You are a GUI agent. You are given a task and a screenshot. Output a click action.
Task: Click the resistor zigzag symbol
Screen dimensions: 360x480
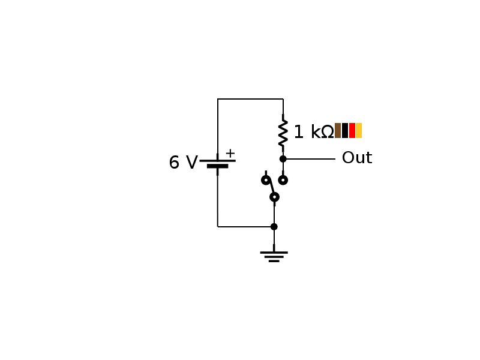coord(283,133)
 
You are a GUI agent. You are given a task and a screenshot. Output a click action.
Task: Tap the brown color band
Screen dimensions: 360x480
coord(338,130)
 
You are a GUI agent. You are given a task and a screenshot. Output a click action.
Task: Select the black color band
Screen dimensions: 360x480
coord(345,130)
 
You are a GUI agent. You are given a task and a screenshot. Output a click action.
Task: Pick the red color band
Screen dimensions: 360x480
coord(352,130)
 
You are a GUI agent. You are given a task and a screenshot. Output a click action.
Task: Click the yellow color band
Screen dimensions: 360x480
coord(359,130)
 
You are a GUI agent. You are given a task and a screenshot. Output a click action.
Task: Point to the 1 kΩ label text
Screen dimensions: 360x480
coord(313,133)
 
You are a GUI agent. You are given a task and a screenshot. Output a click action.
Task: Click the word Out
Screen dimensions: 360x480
coord(356,158)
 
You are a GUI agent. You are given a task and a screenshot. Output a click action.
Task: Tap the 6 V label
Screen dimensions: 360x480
coord(183,163)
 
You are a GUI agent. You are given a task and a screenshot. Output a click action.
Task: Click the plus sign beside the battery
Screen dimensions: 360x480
coord(230,153)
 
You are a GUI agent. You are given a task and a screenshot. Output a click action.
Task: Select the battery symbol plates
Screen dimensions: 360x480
coord(217,163)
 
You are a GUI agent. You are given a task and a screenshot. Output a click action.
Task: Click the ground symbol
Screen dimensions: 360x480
coord(274,256)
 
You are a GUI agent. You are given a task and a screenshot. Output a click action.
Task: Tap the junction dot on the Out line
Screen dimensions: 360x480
coord(283,159)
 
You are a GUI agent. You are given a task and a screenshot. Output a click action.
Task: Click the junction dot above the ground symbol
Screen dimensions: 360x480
coord(274,227)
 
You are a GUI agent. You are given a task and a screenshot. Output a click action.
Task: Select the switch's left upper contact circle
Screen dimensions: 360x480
coord(266,180)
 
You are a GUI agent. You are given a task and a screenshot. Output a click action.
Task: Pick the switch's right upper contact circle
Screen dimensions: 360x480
coord(283,180)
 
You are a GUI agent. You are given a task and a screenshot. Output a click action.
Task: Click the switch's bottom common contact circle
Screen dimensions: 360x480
coord(274,197)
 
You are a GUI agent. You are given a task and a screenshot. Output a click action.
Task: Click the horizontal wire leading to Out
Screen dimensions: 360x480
coord(310,159)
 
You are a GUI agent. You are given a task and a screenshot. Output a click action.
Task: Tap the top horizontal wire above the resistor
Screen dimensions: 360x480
coord(250,99)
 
